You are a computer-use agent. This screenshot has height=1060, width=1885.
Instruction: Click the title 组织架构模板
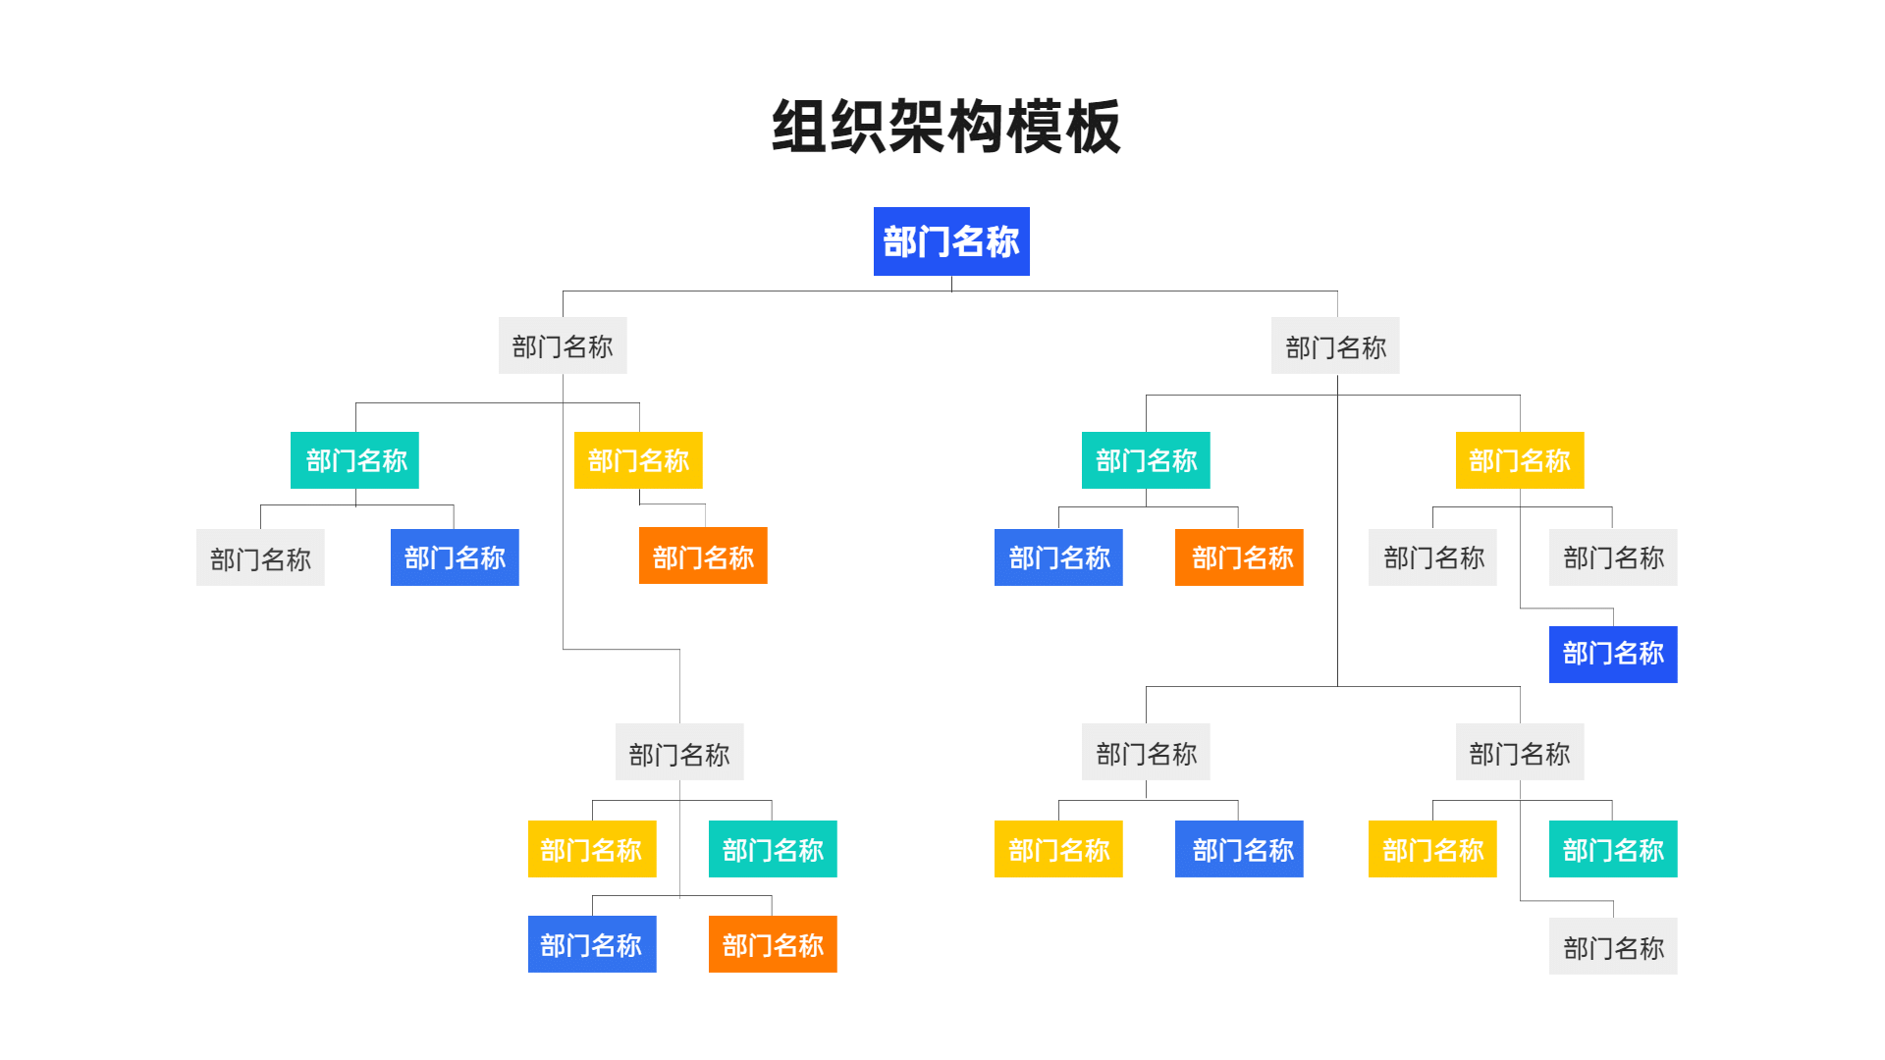(x=945, y=127)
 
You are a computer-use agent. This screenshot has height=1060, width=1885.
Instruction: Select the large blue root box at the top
(x=951, y=241)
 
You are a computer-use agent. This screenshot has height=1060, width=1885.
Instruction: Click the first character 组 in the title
(x=800, y=127)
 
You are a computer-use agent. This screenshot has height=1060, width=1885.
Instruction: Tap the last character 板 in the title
(x=1093, y=127)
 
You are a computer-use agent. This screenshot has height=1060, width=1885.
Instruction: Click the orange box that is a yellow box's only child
(x=703, y=556)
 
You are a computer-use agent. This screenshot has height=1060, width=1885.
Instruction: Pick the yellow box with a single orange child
(x=638, y=460)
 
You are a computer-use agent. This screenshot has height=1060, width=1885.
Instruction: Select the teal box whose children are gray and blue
(x=354, y=460)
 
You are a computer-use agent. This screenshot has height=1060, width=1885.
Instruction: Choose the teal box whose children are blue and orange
(x=1146, y=460)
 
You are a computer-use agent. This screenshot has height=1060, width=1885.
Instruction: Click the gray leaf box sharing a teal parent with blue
(x=260, y=557)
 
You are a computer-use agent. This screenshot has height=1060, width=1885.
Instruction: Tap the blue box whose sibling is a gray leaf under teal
(x=455, y=557)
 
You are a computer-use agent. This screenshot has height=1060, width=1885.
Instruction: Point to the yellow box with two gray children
(x=1520, y=460)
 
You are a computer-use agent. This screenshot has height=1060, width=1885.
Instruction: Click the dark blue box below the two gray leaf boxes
(x=1613, y=655)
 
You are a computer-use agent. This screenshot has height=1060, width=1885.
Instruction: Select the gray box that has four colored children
(x=679, y=752)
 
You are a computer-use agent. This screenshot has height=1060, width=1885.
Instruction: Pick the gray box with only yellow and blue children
(x=1146, y=752)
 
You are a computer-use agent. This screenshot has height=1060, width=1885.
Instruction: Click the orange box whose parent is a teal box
(x=1239, y=557)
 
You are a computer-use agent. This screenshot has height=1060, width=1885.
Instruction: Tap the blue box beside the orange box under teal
(x=1058, y=557)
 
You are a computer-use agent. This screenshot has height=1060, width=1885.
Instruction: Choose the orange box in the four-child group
(x=773, y=944)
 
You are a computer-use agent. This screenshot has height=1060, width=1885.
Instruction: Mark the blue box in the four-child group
(x=592, y=944)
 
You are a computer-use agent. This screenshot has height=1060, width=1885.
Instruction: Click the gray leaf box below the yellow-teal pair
(x=1613, y=946)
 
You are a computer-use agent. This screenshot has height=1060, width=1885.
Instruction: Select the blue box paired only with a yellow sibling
(x=1239, y=849)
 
